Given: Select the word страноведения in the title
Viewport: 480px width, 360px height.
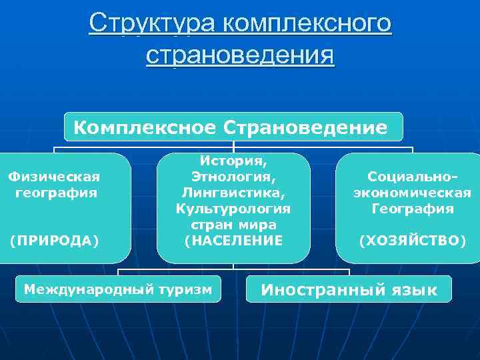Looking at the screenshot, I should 240,54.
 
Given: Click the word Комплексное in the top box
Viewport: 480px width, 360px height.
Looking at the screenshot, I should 146,127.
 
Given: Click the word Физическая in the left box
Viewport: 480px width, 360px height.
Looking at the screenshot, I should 54,177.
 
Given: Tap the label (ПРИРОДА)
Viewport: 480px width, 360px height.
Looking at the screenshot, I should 54,240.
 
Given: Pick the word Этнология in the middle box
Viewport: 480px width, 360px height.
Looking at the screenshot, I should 233,177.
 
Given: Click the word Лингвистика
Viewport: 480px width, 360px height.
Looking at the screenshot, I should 233,193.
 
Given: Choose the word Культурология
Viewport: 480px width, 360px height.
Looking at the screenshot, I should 233,209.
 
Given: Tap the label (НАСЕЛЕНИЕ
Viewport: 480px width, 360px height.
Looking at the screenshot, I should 233,240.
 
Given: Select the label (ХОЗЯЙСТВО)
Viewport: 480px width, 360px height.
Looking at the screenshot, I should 412,240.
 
